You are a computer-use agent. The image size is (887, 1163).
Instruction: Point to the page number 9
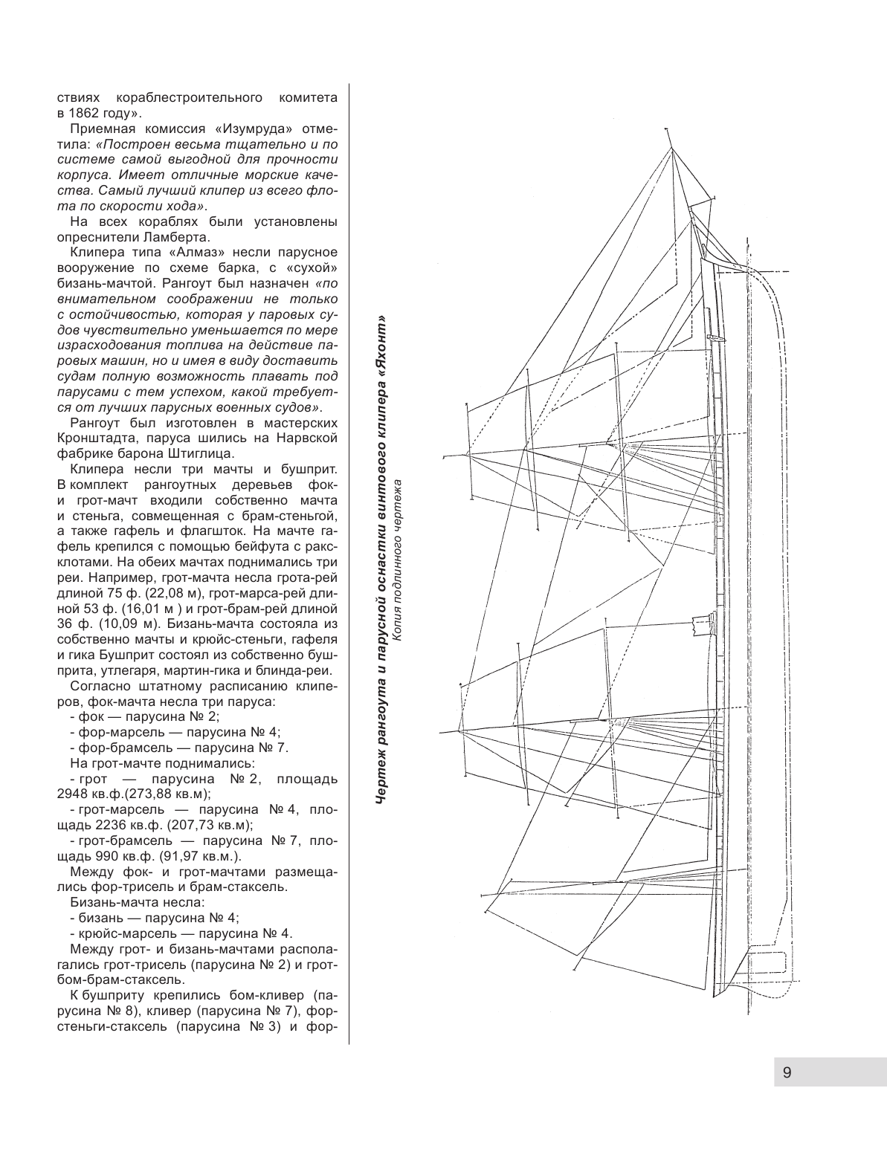coord(787,1072)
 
